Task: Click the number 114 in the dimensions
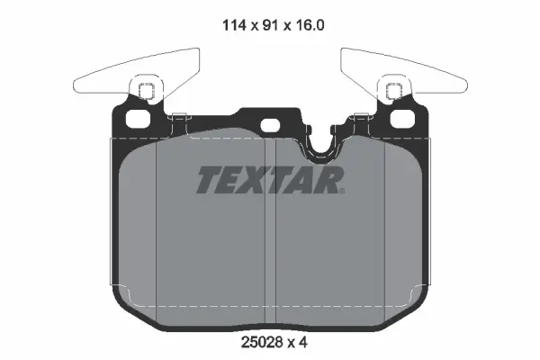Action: click(x=233, y=26)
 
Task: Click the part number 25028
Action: click(x=256, y=343)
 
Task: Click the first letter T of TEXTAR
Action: click(x=208, y=181)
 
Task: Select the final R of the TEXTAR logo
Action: click(x=331, y=181)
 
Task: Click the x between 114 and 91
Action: click(x=253, y=27)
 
